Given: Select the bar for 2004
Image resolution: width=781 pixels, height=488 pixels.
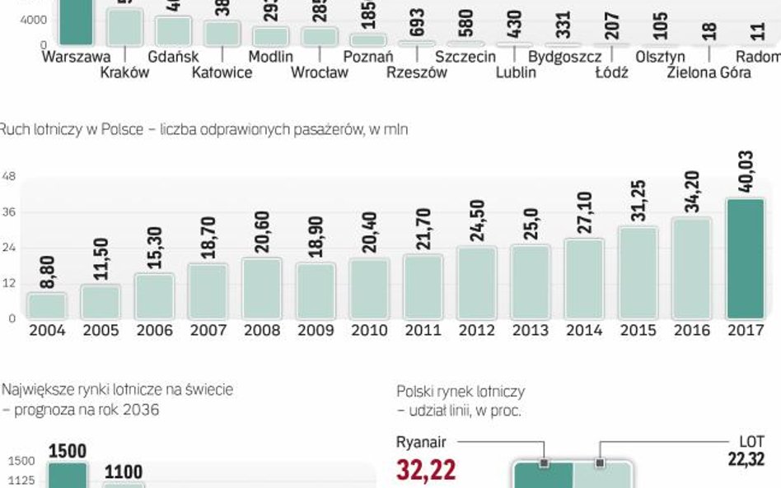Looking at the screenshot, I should pyautogui.click(x=46, y=305).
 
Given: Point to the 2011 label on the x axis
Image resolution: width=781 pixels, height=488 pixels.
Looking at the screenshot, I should pyautogui.click(x=423, y=331).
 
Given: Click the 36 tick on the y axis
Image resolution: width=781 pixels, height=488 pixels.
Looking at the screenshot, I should pyautogui.click(x=10, y=213).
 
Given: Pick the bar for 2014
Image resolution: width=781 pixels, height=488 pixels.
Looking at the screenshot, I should pyautogui.click(x=584, y=278).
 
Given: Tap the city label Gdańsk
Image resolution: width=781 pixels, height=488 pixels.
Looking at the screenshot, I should pyautogui.click(x=171, y=57).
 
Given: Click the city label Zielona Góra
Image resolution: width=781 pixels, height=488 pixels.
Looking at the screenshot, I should pyautogui.click(x=709, y=72).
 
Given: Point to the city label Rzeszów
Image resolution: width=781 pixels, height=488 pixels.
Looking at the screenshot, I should pyautogui.click(x=417, y=72).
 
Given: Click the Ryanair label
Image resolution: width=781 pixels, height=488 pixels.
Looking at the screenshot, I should pyautogui.click(x=421, y=442).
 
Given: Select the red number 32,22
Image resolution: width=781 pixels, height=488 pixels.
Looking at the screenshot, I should pyautogui.click(x=426, y=470).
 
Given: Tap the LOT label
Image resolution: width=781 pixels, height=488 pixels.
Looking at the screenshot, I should pyautogui.click(x=751, y=442).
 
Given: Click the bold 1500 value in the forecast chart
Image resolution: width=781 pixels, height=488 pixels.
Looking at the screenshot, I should pyautogui.click(x=67, y=451).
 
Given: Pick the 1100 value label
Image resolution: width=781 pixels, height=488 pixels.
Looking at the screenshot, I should pyautogui.click(x=123, y=472).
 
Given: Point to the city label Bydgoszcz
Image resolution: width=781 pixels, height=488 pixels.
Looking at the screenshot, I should pyautogui.click(x=564, y=57).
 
